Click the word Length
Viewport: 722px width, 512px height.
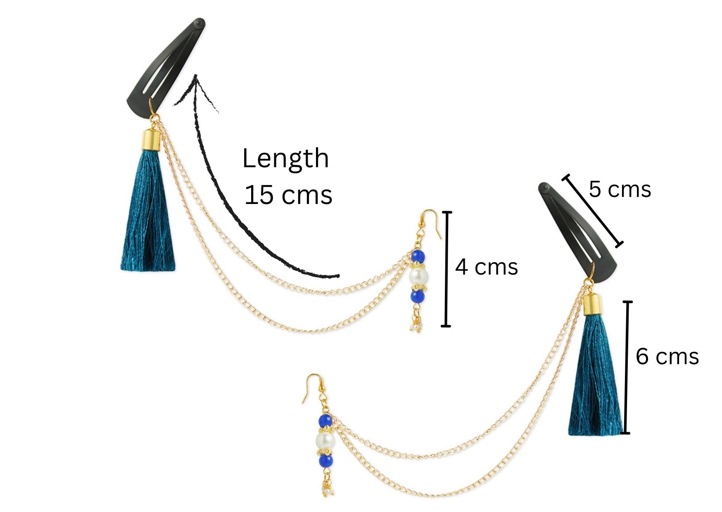(285, 159)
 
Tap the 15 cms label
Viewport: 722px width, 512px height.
(288, 195)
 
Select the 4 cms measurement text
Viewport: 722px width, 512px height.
(486, 267)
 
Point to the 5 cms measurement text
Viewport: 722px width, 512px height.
(620, 190)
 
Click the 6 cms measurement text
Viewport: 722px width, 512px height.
(667, 356)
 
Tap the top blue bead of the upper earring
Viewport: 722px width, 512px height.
(418, 256)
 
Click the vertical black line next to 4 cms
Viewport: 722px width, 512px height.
(446, 268)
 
